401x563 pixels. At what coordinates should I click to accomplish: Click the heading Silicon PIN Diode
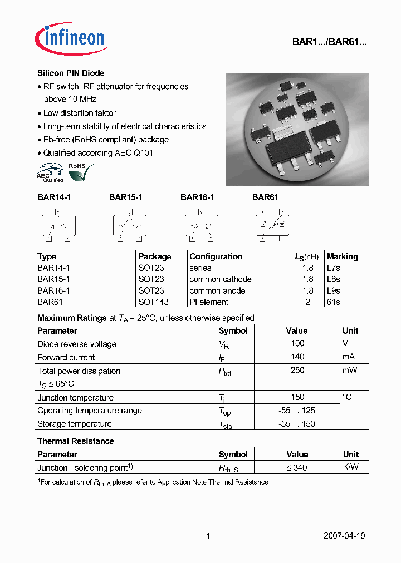[71, 73]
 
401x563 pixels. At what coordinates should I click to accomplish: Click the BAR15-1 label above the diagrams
[126, 197]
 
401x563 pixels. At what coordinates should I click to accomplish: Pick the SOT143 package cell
[154, 302]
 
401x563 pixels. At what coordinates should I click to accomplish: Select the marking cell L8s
[334, 279]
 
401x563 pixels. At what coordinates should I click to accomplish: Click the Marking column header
[342, 256]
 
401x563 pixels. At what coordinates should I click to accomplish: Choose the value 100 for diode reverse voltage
[297, 344]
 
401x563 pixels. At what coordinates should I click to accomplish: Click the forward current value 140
[297, 357]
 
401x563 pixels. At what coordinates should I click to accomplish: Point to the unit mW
[350, 371]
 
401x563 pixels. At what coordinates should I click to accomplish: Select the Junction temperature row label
[75, 398]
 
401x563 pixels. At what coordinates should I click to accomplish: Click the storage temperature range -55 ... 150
[297, 424]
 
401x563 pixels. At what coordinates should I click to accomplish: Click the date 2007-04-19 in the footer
[344, 536]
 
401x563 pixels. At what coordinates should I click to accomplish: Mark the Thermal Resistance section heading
[76, 441]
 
